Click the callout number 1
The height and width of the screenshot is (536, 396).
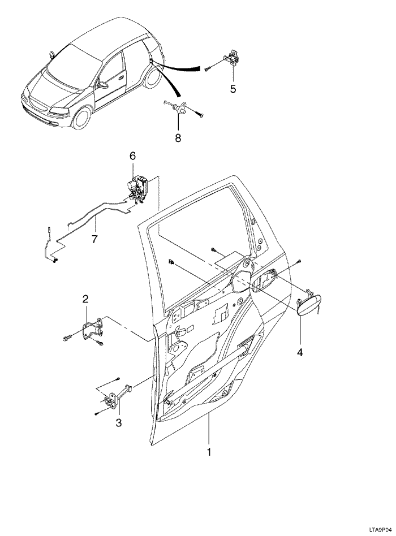209,452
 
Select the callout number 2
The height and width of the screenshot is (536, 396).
85,299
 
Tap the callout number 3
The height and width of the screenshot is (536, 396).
118,422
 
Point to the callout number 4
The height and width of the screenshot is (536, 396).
300,352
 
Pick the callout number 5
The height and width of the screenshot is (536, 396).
232,89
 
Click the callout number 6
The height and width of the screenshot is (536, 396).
133,155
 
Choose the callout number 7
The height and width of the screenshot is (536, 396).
94,239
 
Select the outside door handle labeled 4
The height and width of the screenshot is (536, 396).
309,305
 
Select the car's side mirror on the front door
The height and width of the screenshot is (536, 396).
103,85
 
